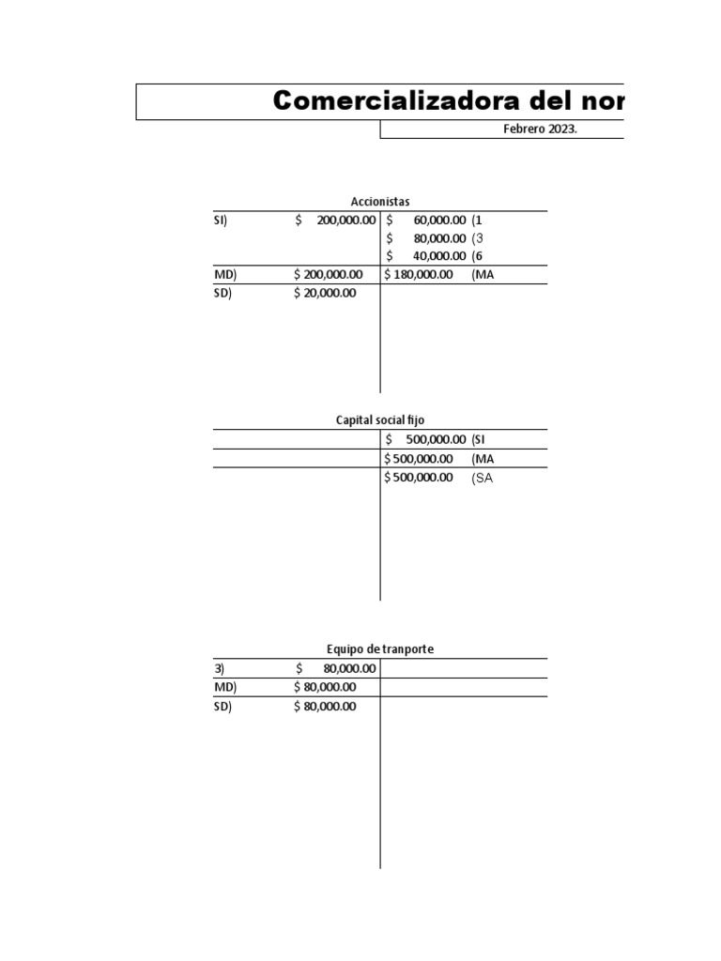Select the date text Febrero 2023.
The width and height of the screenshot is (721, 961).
tap(540, 130)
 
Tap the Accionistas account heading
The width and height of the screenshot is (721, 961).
tap(380, 202)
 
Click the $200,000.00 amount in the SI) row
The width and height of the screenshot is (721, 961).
tap(335, 220)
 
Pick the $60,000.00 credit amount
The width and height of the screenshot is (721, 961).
tap(426, 220)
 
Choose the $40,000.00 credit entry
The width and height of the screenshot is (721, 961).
tap(426, 256)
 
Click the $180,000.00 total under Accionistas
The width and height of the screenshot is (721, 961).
tap(419, 275)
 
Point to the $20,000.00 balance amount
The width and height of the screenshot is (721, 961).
tap(325, 293)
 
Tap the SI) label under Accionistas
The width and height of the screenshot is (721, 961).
tap(220, 220)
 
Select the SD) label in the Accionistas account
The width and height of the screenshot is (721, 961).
tap(222, 293)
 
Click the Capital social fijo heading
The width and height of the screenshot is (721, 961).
tap(380, 419)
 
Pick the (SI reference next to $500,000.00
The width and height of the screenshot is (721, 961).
tap(478, 439)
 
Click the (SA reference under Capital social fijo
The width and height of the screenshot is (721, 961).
tap(483, 478)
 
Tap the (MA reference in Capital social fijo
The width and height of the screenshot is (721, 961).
tap(483, 459)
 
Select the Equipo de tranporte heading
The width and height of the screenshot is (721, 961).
tap(380, 649)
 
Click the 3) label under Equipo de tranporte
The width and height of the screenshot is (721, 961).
tap(219, 668)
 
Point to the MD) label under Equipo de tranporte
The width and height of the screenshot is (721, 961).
tap(225, 687)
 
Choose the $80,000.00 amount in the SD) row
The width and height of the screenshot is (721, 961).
tap(325, 707)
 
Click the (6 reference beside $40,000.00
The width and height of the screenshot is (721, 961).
tap(477, 256)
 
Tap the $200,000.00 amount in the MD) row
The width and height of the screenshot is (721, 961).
tap(328, 275)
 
